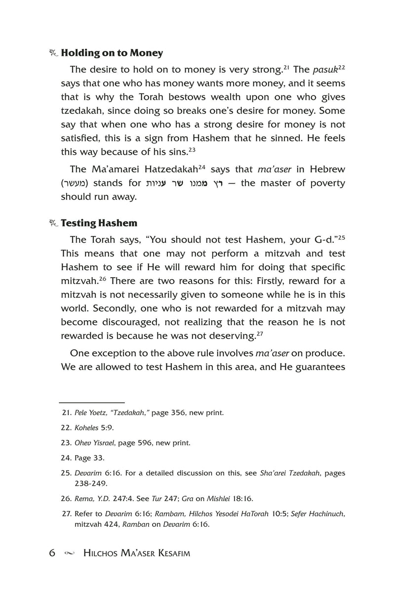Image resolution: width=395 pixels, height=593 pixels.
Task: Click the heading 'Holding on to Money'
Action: [x=112, y=53]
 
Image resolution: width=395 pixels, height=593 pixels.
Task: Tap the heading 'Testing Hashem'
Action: [x=99, y=223]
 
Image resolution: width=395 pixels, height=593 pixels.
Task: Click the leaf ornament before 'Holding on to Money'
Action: [x=54, y=53]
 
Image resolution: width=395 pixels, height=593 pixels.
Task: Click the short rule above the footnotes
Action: [x=92, y=403]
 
